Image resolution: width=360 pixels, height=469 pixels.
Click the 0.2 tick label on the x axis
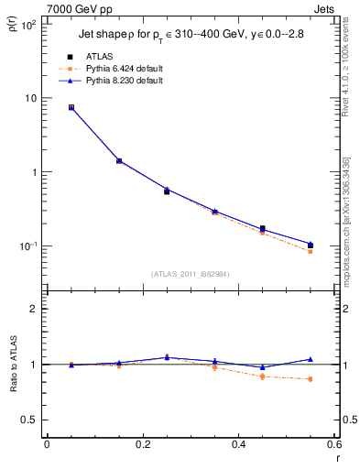pyautogui.click(x=142, y=444)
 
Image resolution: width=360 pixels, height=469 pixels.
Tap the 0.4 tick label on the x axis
pyautogui.click(x=238, y=444)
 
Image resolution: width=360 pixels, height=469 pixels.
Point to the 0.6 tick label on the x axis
pyautogui.click(x=333, y=444)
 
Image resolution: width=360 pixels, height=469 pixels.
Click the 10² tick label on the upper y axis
pyautogui.click(x=27, y=25)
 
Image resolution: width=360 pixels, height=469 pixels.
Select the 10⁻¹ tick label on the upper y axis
pyautogui.click(x=27, y=246)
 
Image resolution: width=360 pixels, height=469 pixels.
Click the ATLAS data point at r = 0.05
pyautogui.click(x=71, y=107)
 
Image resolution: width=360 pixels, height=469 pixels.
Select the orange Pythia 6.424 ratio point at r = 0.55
pyautogui.click(x=311, y=379)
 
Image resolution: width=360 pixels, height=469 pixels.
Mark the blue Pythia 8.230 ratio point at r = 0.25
pyautogui.click(x=167, y=357)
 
